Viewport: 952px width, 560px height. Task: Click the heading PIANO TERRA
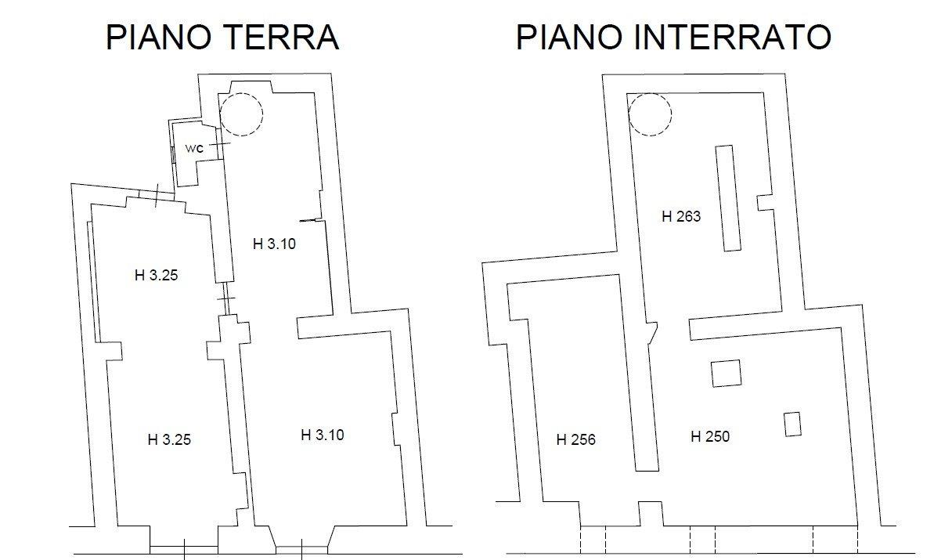click(222, 38)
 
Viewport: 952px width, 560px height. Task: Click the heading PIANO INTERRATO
click(673, 38)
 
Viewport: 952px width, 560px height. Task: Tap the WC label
click(194, 148)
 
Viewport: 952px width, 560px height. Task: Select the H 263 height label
click(681, 217)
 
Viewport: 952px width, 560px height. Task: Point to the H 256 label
click(575, 440)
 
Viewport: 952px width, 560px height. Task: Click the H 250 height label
click(710, 437)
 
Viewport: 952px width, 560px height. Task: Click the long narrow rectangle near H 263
click(727, 198)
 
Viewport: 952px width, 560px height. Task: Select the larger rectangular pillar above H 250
click(726, 373)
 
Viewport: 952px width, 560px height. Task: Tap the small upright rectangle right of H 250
click(793, 424)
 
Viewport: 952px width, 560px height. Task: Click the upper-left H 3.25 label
click(157, 275)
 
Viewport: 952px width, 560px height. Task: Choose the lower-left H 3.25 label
click(169, 440)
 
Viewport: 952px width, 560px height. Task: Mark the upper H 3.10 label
click(274, 244)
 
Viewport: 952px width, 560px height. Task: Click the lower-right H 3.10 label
click(323, 435)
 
